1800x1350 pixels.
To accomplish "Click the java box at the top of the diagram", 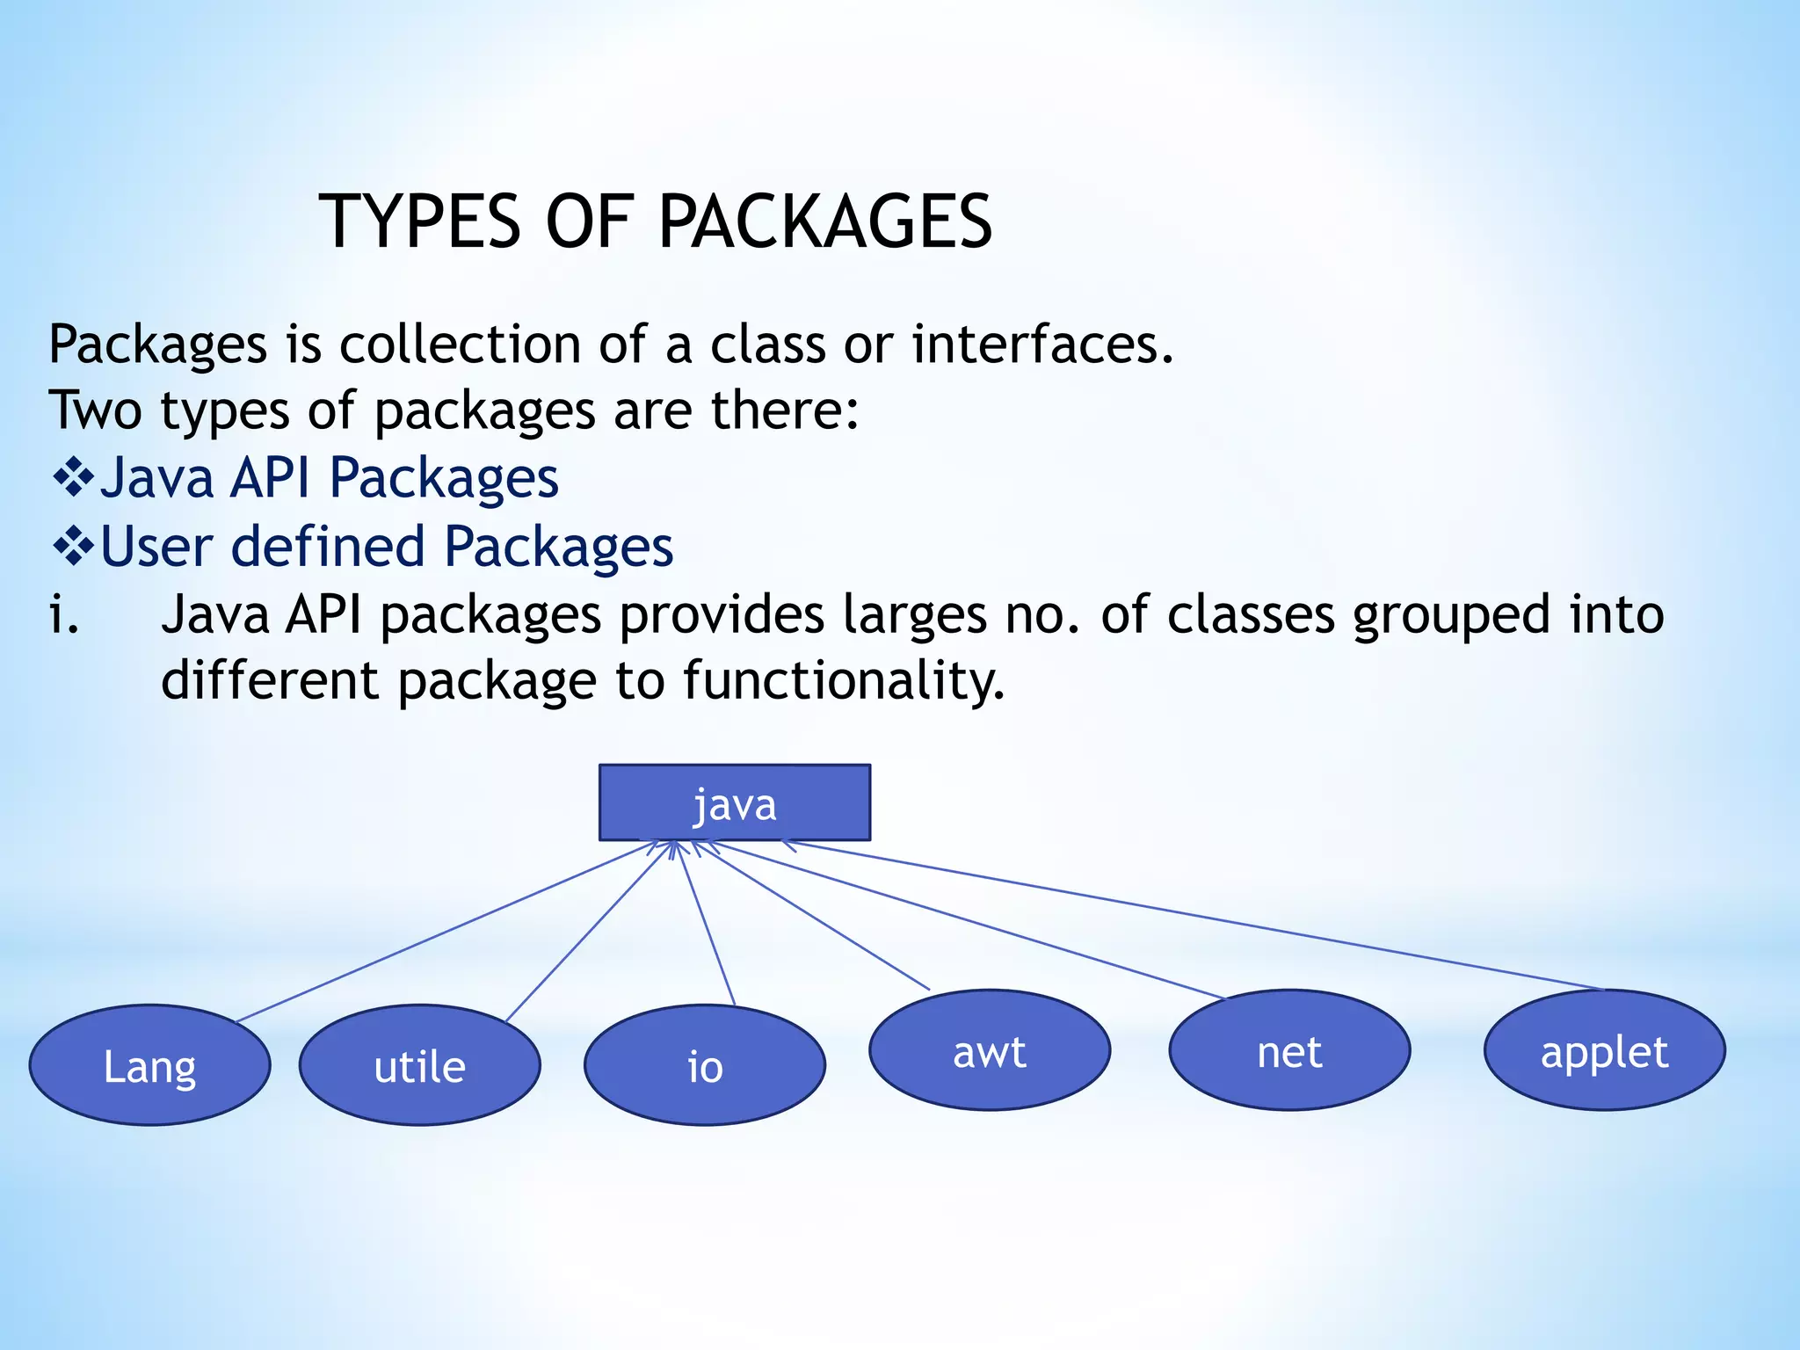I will point(735,802).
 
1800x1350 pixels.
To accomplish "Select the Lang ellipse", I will point(150,1065).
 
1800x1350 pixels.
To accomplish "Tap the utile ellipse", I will point(420,1065).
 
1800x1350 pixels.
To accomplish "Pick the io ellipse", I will point(705,1065).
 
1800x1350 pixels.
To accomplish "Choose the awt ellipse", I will point(990,1050).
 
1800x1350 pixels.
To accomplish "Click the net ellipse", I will point(1289,1050).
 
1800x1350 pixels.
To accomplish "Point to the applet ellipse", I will point(1604,1050).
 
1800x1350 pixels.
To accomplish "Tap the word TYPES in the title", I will point(421,221).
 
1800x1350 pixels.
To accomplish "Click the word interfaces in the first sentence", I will point(1042,344).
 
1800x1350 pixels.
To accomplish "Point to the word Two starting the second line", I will point(94,410).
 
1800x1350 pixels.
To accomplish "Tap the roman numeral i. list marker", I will point(64,614).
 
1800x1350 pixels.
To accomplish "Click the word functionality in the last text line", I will point(844,681).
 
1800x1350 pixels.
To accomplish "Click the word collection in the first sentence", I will point(460,344).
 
